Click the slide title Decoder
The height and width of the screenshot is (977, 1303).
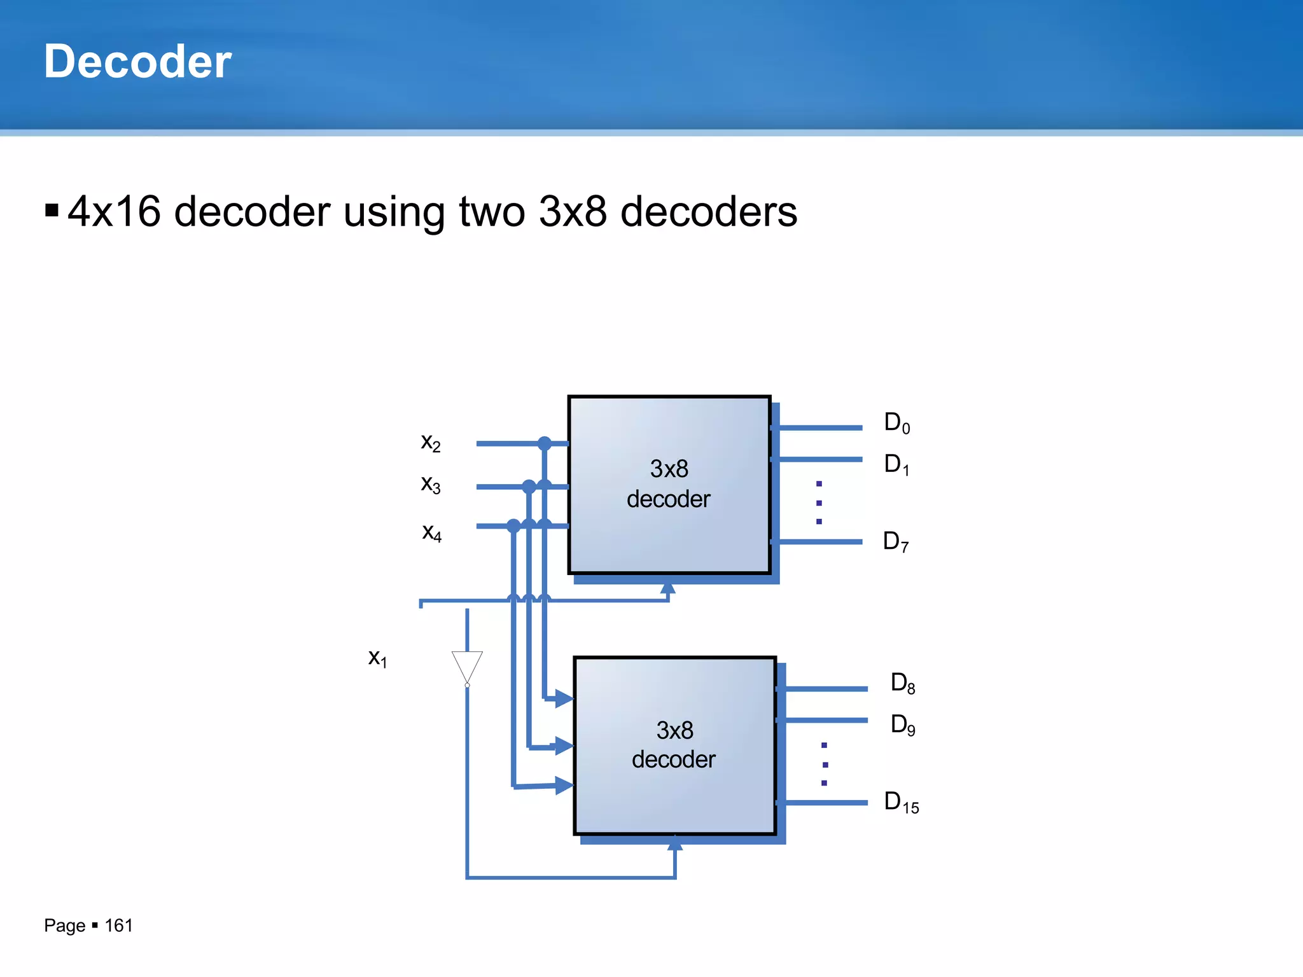point(137,62)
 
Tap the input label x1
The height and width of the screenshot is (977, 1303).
point(377,658)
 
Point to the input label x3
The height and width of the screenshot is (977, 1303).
point(431,485)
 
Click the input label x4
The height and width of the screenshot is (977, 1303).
point(431,532)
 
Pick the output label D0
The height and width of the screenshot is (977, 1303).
point(897,423)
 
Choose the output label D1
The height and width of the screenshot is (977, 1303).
point(896,464)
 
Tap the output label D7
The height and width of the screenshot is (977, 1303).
point(896,542)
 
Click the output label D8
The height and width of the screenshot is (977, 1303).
point(903,683)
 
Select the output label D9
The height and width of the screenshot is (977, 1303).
point(903,724)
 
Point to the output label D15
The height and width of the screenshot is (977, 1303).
point(902,803)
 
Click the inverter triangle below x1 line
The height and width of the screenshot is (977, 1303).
point(467,665)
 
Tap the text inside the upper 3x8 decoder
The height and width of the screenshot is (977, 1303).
point(669,484)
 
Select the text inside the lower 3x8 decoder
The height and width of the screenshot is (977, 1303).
point(674,745)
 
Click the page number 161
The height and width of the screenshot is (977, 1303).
point(118,925)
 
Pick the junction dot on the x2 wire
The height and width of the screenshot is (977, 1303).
point(545,443)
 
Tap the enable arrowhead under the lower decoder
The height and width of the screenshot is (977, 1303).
point(675,844)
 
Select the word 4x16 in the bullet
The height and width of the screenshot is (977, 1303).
point(115,211)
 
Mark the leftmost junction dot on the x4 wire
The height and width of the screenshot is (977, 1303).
point(514,526)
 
